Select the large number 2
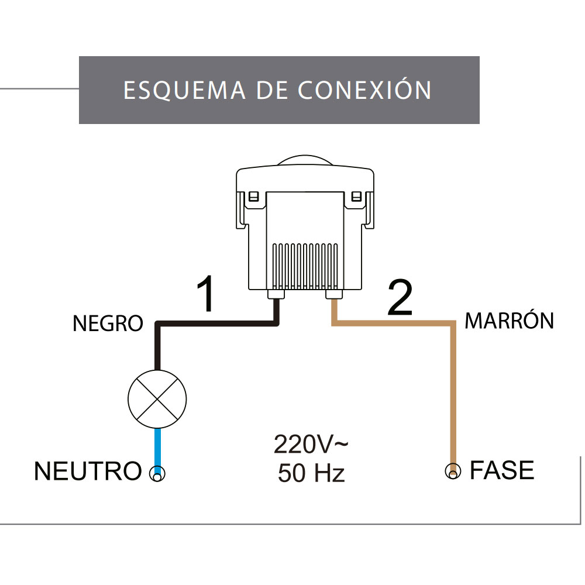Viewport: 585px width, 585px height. point(400,298)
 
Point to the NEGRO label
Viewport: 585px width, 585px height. point(108,323)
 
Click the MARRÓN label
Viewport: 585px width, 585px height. point(509,321)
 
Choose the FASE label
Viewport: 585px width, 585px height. point(502,470)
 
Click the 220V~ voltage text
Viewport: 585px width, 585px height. point(311,445)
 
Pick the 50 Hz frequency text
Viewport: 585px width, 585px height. point(311,473)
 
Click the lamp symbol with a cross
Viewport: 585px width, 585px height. point(157,400)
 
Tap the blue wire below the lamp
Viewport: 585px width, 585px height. point(157,448)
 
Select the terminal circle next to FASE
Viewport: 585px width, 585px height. point(452,472)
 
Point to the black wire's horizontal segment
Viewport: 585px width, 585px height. point(216,323)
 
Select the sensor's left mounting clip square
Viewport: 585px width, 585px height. point(253,197)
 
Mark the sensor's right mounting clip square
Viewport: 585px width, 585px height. point(355,197)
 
